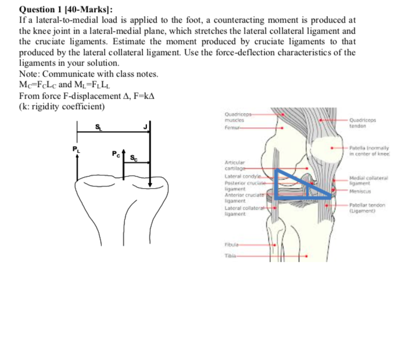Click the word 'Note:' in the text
(30, 74)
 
